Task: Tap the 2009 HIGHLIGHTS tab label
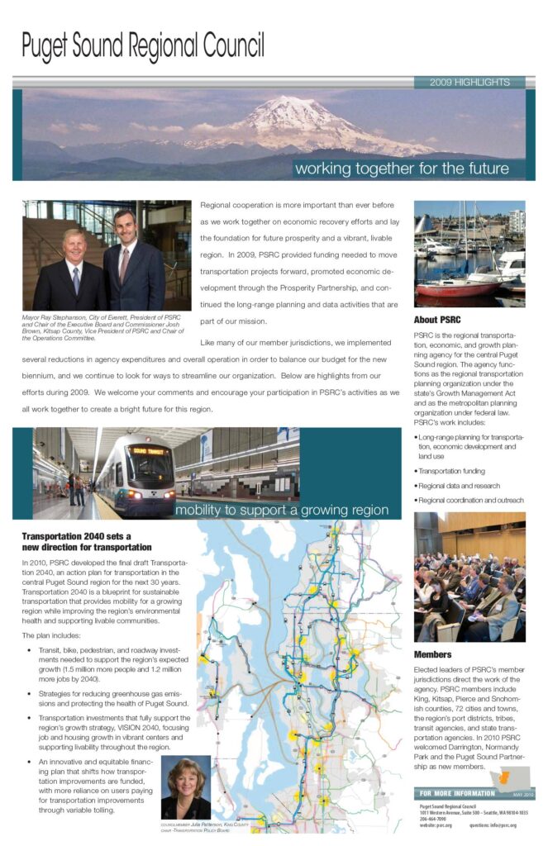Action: point(469,82)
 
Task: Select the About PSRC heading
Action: point(437,319)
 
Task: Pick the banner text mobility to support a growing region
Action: point(281,510)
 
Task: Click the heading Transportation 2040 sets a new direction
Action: point(87,541)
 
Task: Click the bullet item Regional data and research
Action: point(459,485)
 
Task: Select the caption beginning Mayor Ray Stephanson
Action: point(99,328)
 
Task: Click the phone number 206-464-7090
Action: point(433,818)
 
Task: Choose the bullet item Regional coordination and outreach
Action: point(471,500)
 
